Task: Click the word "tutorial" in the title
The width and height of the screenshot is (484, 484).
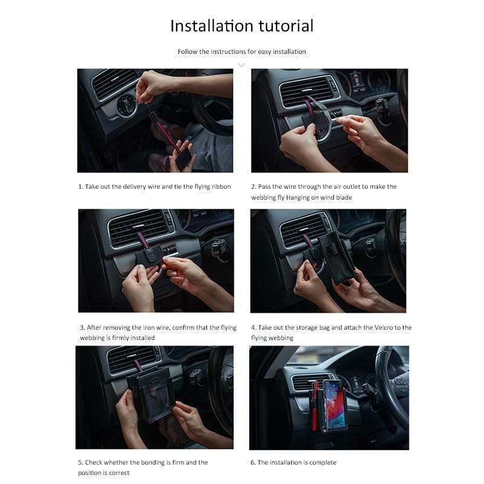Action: [286, 25]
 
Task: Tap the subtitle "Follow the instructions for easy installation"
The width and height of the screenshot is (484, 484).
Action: [241, 51]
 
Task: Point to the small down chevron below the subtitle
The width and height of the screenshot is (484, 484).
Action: [241, 65]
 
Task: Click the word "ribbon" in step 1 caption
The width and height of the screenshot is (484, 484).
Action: [221, 186]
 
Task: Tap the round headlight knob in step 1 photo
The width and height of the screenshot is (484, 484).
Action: [126, 105]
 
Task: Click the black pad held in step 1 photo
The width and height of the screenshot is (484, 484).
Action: [184, 159]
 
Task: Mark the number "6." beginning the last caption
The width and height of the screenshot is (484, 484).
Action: [253, 462]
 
